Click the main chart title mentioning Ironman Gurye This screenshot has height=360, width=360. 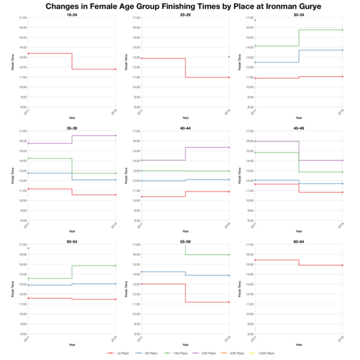click(180, 7)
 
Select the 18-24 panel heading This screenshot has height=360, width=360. click(71, 14)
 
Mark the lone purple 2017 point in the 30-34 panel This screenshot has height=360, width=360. click(254, 20)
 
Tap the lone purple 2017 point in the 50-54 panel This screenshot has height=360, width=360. click(28, 248)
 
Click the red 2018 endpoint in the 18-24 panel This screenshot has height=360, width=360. click(116, 69)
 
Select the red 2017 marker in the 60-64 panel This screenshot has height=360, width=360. click(254, 260)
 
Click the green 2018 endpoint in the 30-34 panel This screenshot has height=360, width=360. click(343, 30)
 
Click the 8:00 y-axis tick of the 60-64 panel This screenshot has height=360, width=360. click(250, 334)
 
